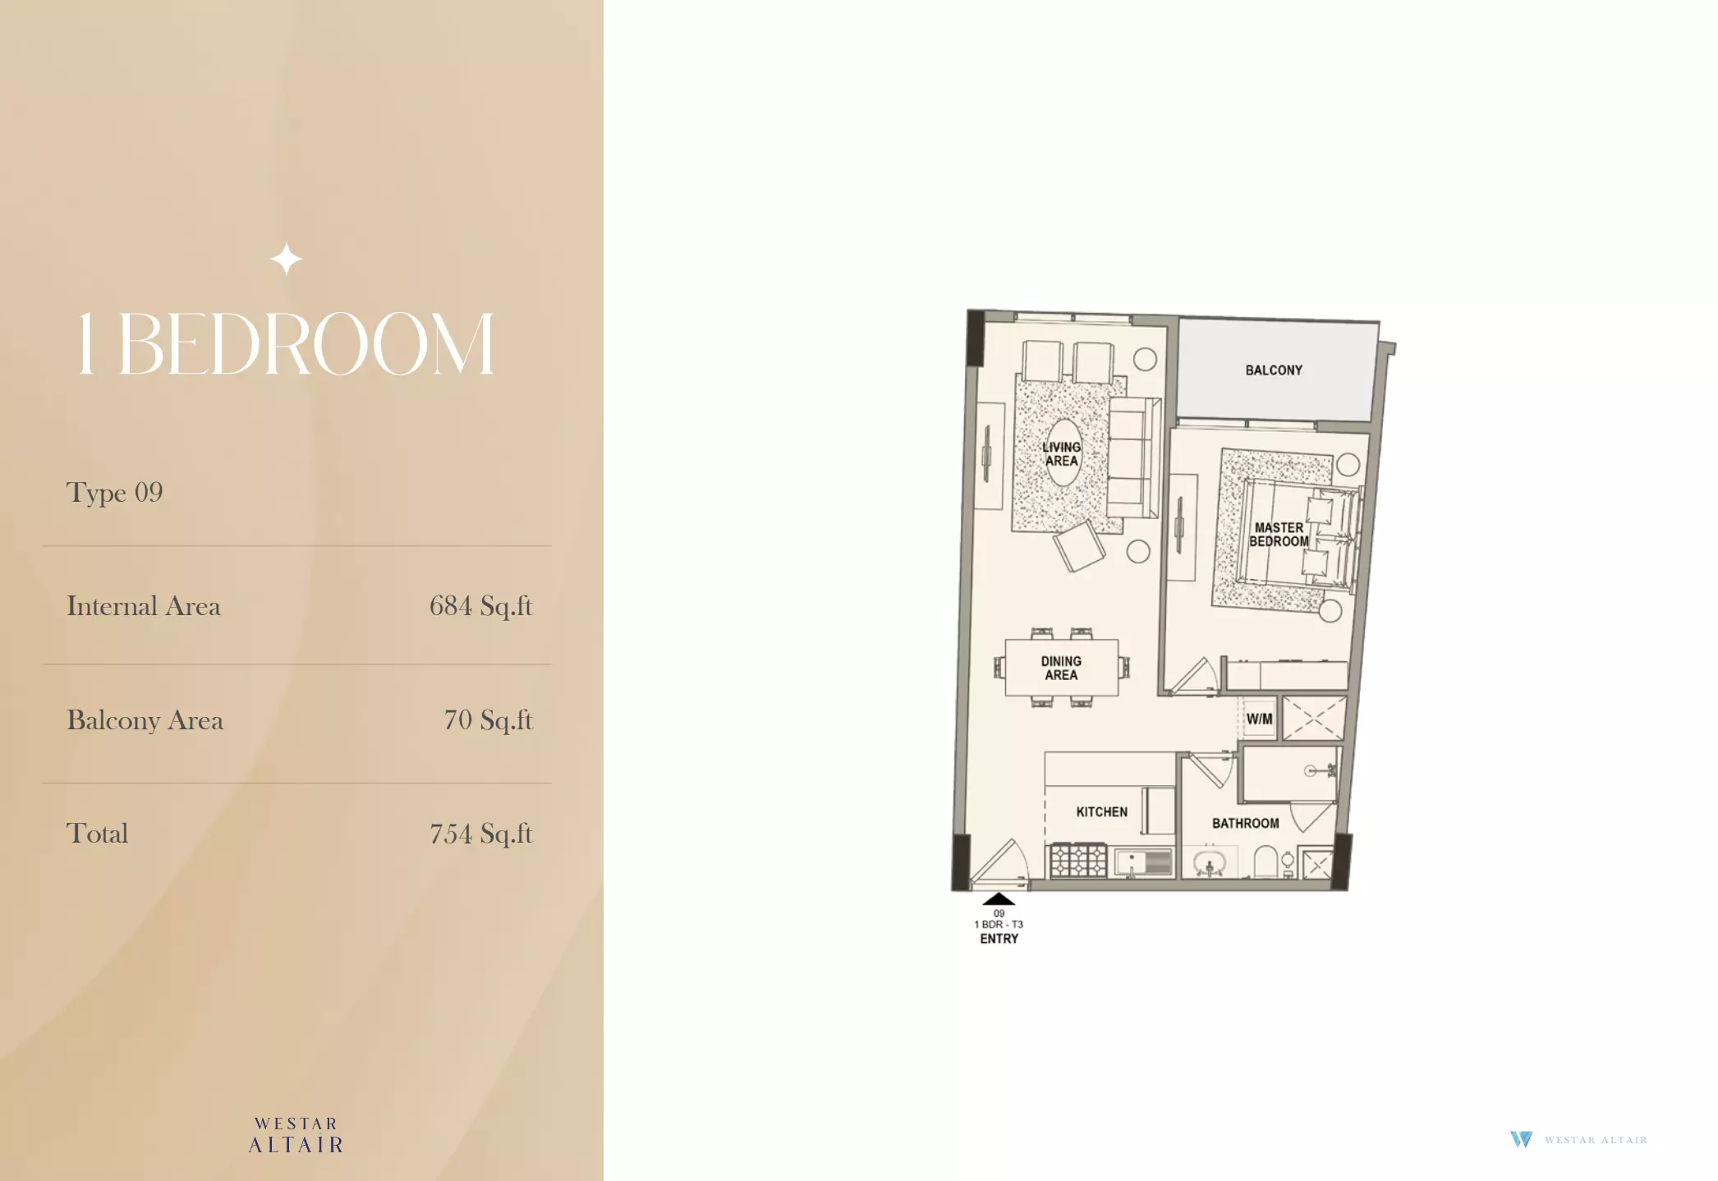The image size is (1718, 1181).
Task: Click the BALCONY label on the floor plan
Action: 1274,370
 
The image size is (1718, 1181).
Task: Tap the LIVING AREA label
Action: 1061,454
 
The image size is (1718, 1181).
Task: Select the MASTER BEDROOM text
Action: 1279,535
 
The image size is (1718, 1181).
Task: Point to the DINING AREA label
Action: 1061,668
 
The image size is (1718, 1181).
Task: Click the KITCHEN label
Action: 1102,812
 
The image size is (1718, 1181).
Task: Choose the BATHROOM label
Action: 1246,824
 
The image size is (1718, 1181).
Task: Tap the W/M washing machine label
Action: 1260,719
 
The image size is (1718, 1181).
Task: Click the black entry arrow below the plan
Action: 999,899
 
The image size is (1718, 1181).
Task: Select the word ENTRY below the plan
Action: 999,939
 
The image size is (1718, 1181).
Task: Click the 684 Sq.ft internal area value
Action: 481,606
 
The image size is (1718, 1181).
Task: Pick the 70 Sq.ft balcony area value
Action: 489,720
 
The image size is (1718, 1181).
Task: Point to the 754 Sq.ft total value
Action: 481,834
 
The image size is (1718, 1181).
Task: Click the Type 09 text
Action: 115,493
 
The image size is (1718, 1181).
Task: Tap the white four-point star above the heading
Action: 286,259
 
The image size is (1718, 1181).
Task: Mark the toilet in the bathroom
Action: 1265,862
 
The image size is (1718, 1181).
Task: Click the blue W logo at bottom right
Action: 1521,1139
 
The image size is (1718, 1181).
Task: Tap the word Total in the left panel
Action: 97,834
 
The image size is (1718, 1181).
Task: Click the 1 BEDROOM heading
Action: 286,344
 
